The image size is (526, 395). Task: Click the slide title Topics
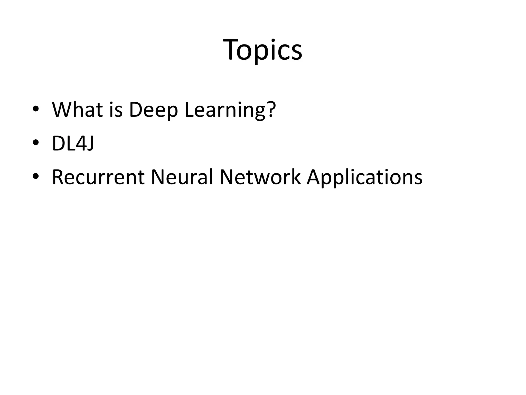263,50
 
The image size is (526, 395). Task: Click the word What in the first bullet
77,110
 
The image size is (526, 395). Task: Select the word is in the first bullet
116,110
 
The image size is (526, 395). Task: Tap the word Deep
153,110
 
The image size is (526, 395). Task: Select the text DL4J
73,143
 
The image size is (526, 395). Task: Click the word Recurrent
98,177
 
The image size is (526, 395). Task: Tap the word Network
260,177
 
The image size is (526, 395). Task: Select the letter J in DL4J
90,143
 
